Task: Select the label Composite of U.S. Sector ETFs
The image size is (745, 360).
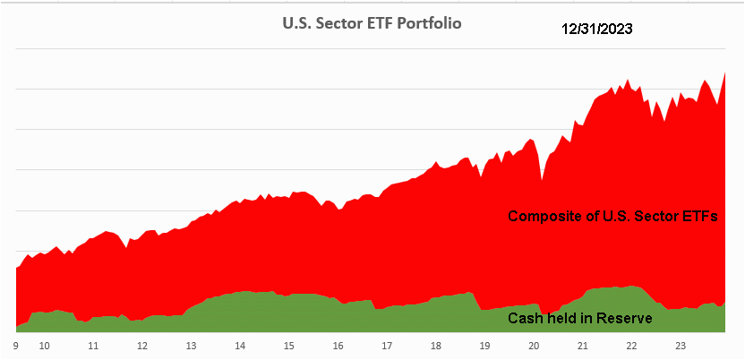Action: pos(613,217)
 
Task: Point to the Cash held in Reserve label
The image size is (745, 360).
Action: pos(579,318)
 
